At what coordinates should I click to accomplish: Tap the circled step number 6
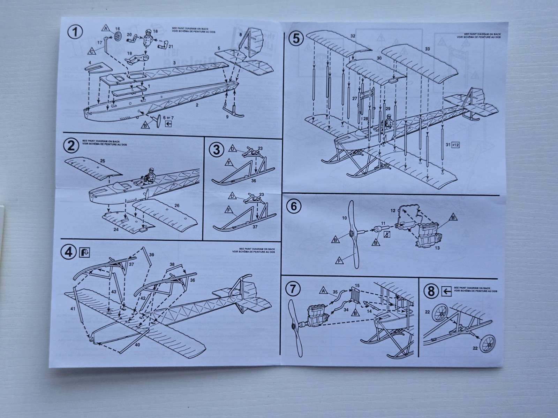click(293, 206)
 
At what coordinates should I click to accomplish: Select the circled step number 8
click(431, 292)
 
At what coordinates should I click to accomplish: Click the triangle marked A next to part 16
click(107, 29)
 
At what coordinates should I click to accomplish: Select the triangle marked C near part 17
click(91, 51)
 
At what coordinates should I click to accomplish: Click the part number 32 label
click(353, 36)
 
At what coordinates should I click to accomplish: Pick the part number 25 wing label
click(102, 161)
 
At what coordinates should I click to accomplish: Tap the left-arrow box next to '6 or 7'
click(169, 123)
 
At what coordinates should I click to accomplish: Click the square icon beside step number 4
click(84, 252)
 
